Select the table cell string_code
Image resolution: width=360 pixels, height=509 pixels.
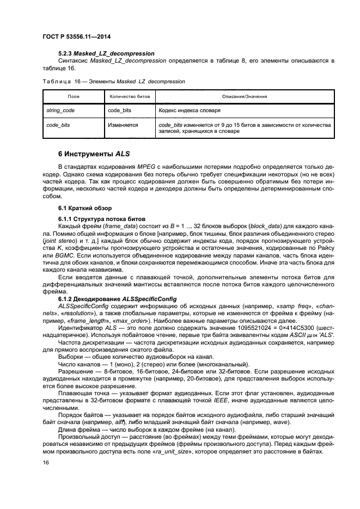point(60,111)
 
